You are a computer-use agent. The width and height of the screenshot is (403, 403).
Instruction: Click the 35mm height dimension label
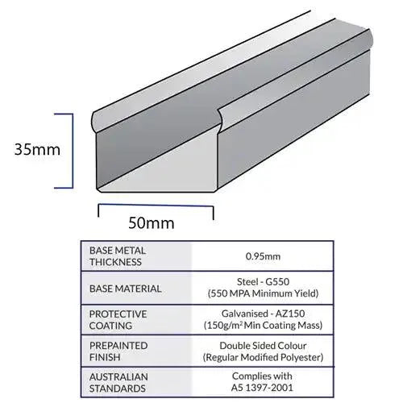pos(37,149)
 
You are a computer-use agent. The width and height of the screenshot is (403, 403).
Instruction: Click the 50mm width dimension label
pos(152,223)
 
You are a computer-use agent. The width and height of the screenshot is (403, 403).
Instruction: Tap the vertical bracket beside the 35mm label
pos(72,151)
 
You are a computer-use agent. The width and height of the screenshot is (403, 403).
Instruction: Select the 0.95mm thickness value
pos(263,256)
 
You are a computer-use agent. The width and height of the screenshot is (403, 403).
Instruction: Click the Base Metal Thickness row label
pos(118,256)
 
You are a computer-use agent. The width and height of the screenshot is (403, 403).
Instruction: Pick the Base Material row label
pos(125,289)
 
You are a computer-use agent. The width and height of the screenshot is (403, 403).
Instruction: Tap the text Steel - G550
pos(263,281)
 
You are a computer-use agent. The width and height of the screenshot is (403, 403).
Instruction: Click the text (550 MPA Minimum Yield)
pos(263,293)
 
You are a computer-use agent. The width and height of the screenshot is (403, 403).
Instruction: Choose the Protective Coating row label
pos(118,320)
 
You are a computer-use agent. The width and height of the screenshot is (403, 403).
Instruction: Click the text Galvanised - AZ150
pos(263,314)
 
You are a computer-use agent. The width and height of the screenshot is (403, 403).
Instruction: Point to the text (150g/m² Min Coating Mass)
pos(263,325)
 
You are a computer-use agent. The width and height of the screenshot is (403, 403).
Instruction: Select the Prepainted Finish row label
pos(118,351)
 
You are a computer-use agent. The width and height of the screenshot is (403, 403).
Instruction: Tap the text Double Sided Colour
pos(263,346)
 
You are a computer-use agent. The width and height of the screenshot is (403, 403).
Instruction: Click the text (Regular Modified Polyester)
pos(263,357)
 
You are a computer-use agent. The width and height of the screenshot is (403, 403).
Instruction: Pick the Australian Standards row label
pos(118,383)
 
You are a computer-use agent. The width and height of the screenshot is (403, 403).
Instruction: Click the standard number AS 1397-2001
pos(262,388)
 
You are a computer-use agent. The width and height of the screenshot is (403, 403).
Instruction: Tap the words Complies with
pos(262,376)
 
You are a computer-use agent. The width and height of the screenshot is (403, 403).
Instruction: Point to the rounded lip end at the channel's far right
pos(369,39)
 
